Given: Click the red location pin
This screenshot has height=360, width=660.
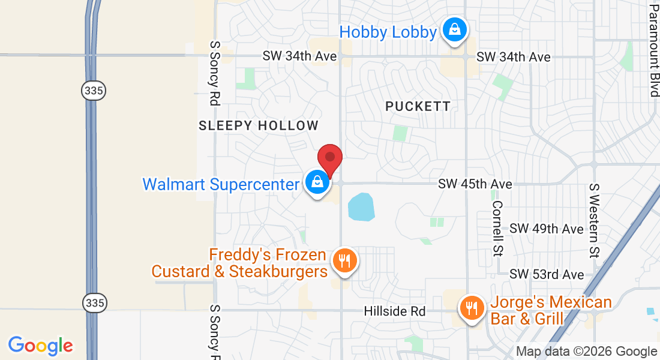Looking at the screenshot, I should (329, 158).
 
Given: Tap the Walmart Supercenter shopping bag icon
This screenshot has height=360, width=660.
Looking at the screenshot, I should (316, 181).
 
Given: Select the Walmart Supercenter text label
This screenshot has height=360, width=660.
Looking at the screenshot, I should (220, 184).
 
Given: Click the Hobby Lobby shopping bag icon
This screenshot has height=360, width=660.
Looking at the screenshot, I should (454, 29).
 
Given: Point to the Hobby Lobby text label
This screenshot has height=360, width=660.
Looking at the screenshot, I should (388, 32).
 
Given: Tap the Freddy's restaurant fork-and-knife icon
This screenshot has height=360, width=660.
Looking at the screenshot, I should (344, 261).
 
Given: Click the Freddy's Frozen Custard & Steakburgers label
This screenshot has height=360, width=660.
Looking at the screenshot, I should (239, 263).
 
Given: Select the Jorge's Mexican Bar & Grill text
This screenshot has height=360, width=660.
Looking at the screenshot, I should (551, 310).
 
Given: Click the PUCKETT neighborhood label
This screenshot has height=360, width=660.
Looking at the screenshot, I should (418, 107).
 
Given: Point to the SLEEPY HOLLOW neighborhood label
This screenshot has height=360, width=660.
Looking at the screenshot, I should (259, 126).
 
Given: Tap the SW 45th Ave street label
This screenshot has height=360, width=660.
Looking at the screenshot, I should (475, 184).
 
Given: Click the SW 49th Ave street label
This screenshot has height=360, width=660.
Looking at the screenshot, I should (546, 229).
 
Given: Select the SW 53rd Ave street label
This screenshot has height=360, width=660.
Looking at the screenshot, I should (546, 274).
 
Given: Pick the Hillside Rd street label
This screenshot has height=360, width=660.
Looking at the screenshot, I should (394, 311).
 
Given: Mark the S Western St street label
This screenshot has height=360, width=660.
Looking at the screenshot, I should (595, 220).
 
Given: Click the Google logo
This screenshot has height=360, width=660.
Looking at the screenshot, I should (41, 346).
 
